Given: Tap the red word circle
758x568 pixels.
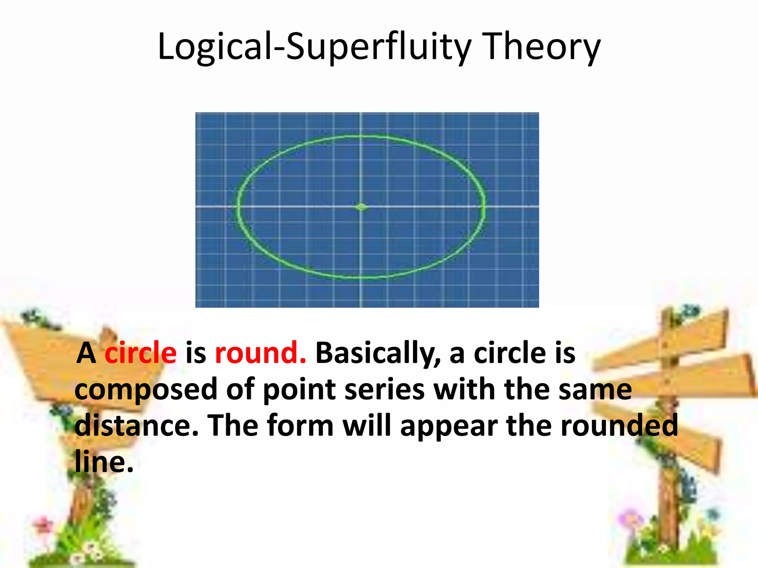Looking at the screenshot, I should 141,353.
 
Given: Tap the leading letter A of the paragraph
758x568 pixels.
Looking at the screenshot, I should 86,353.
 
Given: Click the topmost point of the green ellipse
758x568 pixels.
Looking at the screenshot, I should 361,136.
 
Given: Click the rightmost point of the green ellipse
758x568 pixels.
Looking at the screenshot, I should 484,205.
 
